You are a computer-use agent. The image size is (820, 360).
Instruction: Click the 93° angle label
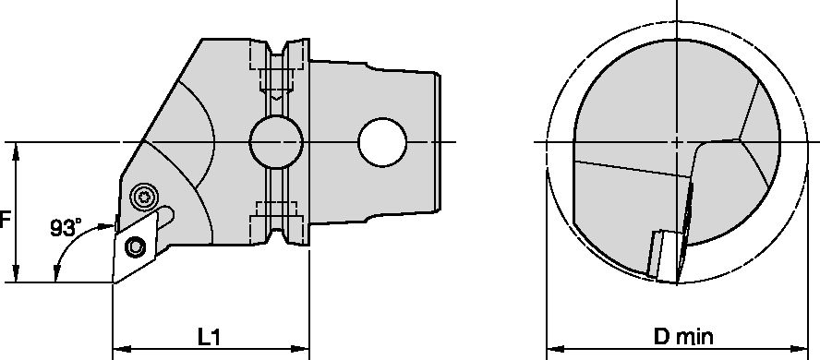click(x=66, y=227)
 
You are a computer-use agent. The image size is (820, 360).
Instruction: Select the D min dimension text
click(x=683, y=338)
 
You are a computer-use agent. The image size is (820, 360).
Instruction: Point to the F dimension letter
click(x=6, y=221)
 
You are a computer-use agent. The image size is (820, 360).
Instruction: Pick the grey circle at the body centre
click(x=275, y=142)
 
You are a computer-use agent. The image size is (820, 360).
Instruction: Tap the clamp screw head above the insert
click(x=144, y=196)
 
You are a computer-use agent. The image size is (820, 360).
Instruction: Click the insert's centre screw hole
click(x=136, y=246)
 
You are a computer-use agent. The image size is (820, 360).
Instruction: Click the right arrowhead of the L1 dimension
click(x=302, y=351)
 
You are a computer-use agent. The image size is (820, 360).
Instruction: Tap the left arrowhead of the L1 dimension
click(x=119, y=351)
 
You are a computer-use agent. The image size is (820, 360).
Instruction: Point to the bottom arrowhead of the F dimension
click(x=16, y=275)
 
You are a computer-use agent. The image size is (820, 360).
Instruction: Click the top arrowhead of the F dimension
click(x=16, y=150)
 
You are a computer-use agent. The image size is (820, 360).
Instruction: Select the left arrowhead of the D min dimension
click(x=554, y=351)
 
